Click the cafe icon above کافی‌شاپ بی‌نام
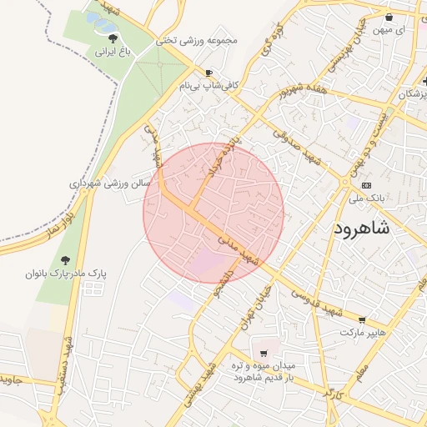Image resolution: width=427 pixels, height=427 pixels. pyautogui.click(x=208, y=73)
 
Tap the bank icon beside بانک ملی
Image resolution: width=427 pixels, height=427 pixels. pyautogui.click(x=367, y=186)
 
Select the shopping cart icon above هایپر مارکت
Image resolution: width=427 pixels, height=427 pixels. pyautogui.click(x=361, y=320)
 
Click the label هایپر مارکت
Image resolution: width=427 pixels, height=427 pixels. pyautogui.click(x=364, y=333)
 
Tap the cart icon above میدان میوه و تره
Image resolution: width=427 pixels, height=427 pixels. pyautogui.click(x=264, y=353)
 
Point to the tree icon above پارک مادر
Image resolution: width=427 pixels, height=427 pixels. pyautogui.click(x=65, y=259)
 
